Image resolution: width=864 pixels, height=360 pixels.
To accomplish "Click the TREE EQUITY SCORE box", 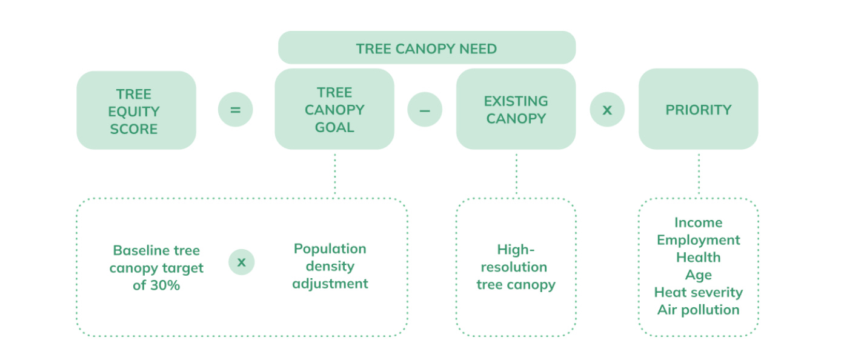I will pyautogui.click(x=136, y=110).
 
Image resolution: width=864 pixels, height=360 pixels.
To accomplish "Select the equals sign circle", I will pyautogui.click(x=235, y=110).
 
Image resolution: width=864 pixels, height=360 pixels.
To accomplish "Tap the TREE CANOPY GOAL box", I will pyautogui.click(x=334, y=109).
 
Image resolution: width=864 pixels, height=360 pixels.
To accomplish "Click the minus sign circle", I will pyautogui.click(x=425, y=110).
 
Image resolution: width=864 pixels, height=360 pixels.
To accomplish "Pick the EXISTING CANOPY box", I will pyautogui.click(x=516, y=109).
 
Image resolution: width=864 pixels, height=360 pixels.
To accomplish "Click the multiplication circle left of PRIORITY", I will pyautogui.click(x=607, y=110).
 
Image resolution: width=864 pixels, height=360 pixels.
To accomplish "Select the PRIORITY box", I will pyautogui.click(x=698, y=109).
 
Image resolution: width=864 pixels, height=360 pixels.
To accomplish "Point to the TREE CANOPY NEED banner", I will pyautogui.click(x=427, y=48).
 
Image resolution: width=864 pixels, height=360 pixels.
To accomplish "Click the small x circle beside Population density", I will pyautogui.click(x=242, y=262).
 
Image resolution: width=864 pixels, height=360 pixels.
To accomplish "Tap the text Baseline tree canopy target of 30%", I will pyautogui.click(x=156, y=268).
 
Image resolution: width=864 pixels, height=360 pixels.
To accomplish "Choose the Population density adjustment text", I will pyautogui.click(x=330, y=266).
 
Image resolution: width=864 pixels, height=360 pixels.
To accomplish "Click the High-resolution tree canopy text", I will pyautogui.click(x=516, y=267).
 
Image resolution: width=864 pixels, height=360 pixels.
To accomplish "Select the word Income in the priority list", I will pyautogui.click(x=698, y=222).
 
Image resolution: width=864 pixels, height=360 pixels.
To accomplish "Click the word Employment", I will pyautogui.click(x=698, y=240).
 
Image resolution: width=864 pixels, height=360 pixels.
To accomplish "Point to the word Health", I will pyautogui.click(x=698, y=258).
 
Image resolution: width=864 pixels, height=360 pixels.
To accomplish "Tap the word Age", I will pyautogui.click(x=698, y=275).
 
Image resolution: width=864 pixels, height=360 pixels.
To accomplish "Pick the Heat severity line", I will pyautogui.click(x=698, y=293).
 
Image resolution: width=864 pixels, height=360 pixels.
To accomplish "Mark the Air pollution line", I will pyautogui.click(x=698, y=310).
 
